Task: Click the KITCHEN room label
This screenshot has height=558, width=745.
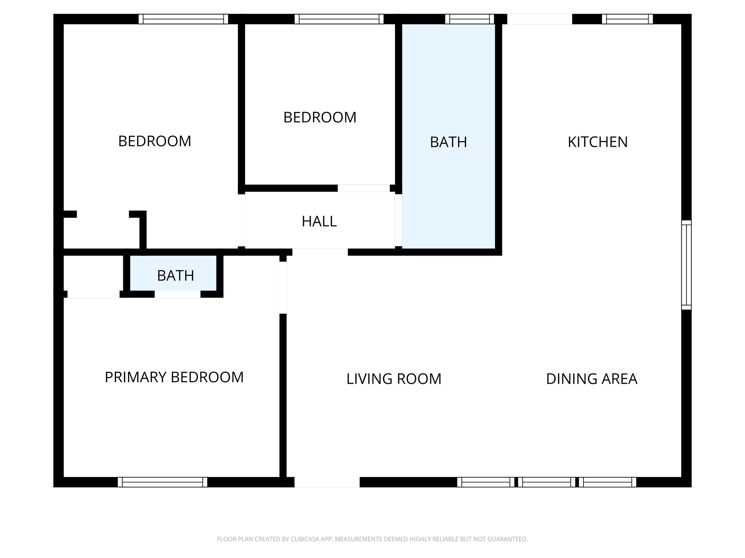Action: click(x=597, y=142)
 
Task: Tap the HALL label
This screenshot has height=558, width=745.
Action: click(x=319, y=222)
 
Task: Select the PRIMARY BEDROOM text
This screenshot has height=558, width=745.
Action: click(x=174, y=377)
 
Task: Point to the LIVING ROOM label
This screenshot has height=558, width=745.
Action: click(x=394, y=379)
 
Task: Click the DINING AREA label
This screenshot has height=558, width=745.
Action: click(x=591, y=379)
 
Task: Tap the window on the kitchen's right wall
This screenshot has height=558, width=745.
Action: click(x=686, y=265)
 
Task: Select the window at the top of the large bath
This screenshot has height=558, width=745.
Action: click(x=470, y=19)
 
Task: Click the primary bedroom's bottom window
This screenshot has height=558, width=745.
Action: click(x=162, y=482)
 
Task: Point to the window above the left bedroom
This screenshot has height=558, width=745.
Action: click(x=183, y=19)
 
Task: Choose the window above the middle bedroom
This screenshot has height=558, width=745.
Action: click(x=339, y=19)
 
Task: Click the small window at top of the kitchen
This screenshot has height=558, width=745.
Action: click(x=627, y=19)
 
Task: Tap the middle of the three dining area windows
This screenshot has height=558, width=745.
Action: click(x=547, y=482)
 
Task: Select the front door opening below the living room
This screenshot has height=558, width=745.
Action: click(x=327, y=482)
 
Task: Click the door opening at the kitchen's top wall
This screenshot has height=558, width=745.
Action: click(x=539, y=19)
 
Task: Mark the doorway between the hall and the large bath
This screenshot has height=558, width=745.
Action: click(x=398, y=220)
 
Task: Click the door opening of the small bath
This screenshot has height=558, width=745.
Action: click(x=178, y=294)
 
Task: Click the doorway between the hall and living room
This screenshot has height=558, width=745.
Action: click(x=320, y=252)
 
